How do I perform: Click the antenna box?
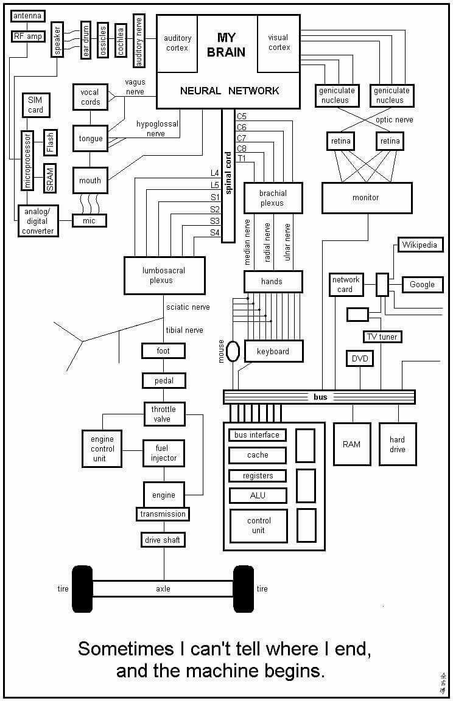click(x=28, y=16)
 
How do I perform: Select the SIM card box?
click(x=36, y=104)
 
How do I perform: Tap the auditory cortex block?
click(x=177, y=43)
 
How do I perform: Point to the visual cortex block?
click(x=279, y=43)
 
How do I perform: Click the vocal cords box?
click(x=90, y=97)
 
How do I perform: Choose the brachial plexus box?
click(x=273, y=198)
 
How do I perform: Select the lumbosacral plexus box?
click(x=164, y=275)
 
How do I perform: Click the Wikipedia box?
click(x=420, y=245)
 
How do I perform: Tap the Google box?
click(x=422, y=284)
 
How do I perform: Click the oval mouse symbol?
click(x=233, y=351)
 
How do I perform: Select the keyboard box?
click(x=273, y=351)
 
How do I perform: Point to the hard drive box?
click(x=397, y=444)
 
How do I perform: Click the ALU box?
click(x=258, y=495)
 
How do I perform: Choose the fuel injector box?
click(x=163, y=453)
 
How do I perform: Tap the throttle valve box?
click(x=163, y=414)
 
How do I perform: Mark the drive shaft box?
click(x=163, y=540)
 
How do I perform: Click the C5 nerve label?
click(x=242, y=116)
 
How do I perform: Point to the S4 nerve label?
click(x=214, y=232)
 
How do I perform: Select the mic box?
click(x=89, y=221)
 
